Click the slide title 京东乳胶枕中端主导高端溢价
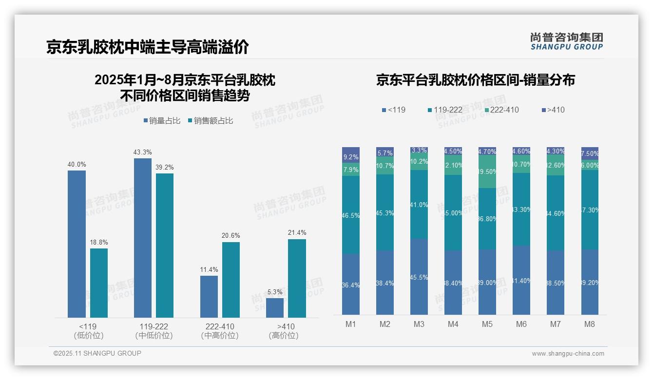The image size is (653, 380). pyautogui.click(x=148, y=47)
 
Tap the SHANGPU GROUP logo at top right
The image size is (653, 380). pyautogui.click(x=566, y=41)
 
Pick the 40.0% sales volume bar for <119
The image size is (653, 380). pyautogui.click(x=77, y=244)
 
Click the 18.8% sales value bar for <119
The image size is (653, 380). pyautogui.click(x=99, y=283)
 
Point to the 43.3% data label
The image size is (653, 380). pyautogui.click(x=142, y=152)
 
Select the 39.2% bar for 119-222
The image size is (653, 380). pyautogui.click(x=165, y=245)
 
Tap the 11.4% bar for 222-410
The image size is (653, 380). pyautogui.click(x=209, y=296)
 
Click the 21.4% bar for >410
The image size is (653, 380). pyautogui.click(x=297, y=278)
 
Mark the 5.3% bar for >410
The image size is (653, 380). pyautogui.click(x=275, y=307)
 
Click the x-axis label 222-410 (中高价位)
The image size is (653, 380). pyautogui.click(x=220, y=331)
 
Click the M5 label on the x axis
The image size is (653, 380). pyautogui.click(x=487, y=324)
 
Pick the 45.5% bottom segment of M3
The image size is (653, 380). pyautogui.click(x=419, y=276)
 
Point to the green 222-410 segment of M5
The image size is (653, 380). pyautogui.click(x=487, y=171)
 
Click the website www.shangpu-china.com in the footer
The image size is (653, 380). pyautogui.click(x=568, y=354)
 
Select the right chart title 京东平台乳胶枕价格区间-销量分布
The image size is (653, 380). pyautogui.click(x=475, y=80)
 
